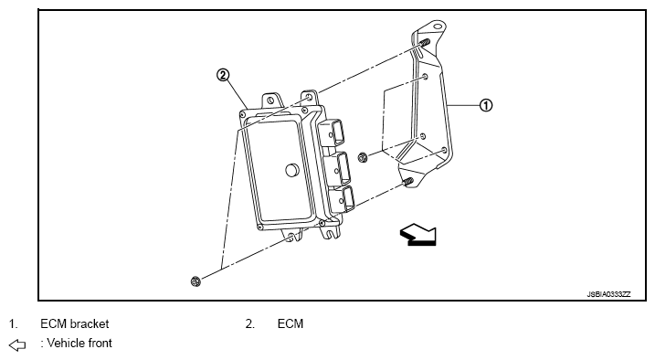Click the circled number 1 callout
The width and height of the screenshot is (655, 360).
coord(485,105)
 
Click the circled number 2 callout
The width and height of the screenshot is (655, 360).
coord(223,75)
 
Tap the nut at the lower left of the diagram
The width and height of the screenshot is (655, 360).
coord(195,281)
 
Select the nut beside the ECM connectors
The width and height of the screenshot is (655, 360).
coord(363,158)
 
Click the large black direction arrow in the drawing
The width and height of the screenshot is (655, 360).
coord(418,234)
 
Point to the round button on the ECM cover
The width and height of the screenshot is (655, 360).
coord(291,170)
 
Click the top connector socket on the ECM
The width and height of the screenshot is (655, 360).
coord(333,133)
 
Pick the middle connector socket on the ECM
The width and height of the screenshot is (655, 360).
coord(339,168)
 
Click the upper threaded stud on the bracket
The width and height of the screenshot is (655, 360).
coord(424,43)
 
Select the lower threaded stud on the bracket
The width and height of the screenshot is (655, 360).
coord(408,182)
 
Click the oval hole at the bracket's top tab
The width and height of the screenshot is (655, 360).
coord(437,26)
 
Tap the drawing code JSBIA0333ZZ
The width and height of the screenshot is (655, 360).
coord(608,294)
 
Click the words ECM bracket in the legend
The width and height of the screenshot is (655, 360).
coord(74,323)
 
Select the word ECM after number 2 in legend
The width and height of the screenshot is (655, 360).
coord(291,323)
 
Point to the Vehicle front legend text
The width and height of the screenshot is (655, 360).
coord(77,343)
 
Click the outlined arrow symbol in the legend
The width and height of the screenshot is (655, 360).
coord(17,345)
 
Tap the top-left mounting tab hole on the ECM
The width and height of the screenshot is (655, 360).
coord(270,101)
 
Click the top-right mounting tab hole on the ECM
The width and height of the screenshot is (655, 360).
coord(309,97)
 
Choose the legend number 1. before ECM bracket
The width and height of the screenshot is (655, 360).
coord(14,323)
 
